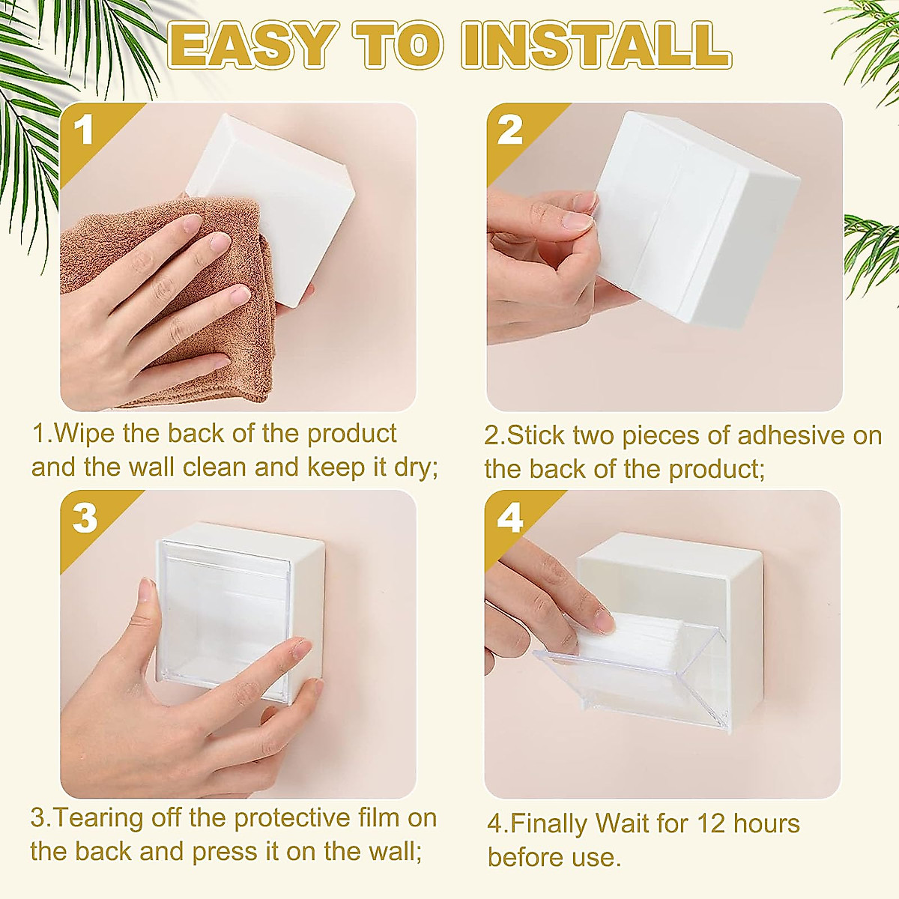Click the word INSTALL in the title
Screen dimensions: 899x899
point(596,46)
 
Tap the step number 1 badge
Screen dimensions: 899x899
point(85,130)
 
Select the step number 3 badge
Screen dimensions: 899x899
point(85,518)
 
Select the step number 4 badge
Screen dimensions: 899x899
point(510,518)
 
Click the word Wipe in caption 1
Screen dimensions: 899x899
point(84,434)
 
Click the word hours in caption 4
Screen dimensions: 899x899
point(766,824)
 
